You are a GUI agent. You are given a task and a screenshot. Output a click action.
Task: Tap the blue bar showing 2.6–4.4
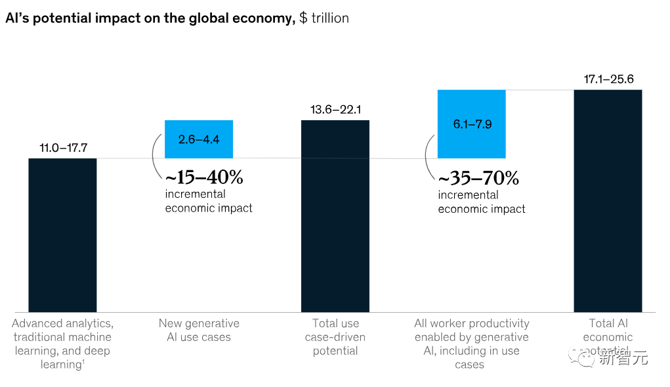(x=199, y=139)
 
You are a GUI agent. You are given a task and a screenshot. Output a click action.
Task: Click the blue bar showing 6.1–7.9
(x=471, y=124)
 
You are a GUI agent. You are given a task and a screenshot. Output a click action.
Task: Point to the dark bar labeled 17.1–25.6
(x=608, y=200)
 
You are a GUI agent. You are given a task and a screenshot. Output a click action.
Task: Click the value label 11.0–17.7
(x=63, y=148)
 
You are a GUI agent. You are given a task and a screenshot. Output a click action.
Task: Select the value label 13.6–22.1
(x=335, y=110)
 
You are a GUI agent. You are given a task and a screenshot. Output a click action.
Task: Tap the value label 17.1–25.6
(x=608, y=80)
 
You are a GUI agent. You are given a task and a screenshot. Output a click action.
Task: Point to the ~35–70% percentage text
(x=478, y=177)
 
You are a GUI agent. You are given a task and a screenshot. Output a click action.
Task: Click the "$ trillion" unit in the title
(x=324, y=18)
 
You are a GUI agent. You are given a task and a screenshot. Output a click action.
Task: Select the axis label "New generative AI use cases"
(x=199, y=330)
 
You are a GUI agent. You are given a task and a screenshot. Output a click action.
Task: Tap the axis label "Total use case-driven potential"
(x=335, y=336)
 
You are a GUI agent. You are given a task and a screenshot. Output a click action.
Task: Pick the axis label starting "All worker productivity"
(x=471, y=343)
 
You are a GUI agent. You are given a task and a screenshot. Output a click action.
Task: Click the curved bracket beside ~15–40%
(x=156, y=156)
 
